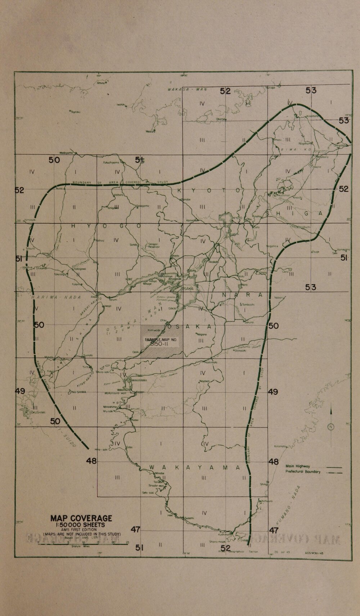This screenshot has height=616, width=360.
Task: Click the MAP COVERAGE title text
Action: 81,518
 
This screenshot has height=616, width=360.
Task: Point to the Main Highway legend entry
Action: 298,466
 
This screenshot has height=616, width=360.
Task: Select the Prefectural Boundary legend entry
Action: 303,472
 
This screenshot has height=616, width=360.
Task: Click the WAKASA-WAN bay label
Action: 187,89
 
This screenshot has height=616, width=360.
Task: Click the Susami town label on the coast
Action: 189,518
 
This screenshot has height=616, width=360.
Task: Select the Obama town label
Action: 220,119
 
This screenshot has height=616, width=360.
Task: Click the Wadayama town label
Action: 66,153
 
